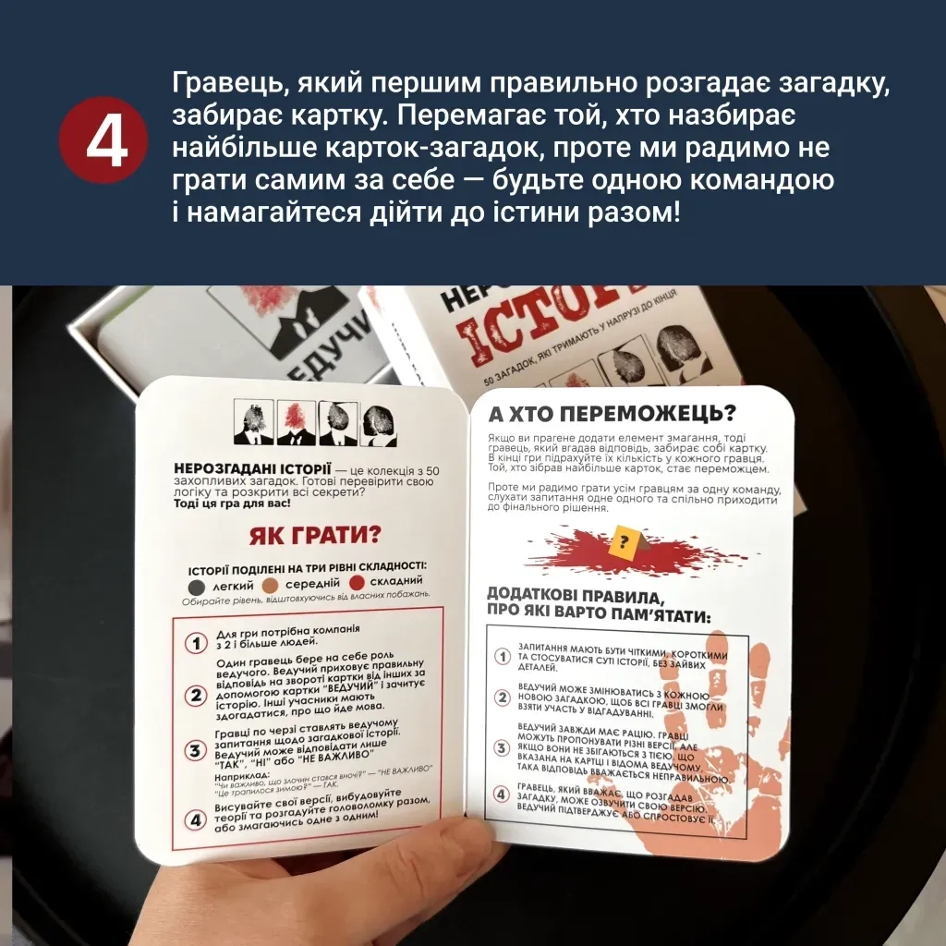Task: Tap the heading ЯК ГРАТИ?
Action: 315,536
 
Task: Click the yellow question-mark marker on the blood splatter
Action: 626,540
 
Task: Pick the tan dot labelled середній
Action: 270,586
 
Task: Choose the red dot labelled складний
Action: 357,583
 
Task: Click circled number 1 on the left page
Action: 195,644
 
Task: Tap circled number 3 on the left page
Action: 195,750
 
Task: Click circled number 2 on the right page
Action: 503,698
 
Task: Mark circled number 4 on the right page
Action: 503,794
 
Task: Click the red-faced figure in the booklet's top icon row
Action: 291,420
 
